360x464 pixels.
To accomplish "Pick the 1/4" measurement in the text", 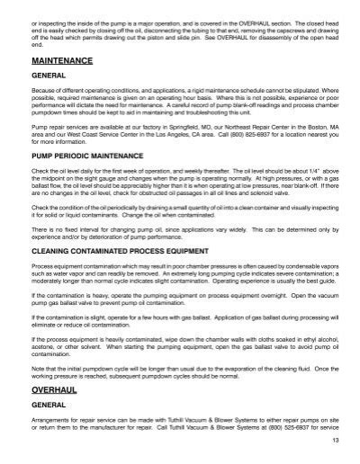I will (307, 169).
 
